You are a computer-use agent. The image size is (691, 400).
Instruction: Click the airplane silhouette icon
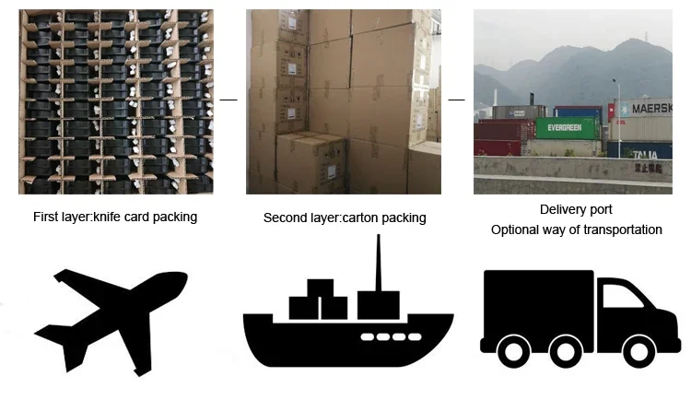point(111,322)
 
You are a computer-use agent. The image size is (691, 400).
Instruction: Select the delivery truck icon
point(580,319)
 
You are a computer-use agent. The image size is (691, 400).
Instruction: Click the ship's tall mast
point(378,263)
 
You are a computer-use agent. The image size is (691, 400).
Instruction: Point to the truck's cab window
point(622,296)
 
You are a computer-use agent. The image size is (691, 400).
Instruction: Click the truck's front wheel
point(639,351)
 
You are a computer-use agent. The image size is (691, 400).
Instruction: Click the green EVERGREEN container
point(568,128)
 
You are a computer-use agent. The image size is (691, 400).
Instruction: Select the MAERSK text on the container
point(651,108)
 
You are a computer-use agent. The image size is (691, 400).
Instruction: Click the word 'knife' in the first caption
point(108,217)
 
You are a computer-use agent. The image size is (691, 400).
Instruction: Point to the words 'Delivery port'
point(576,209)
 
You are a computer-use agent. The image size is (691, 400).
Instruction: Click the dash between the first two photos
point(228,100)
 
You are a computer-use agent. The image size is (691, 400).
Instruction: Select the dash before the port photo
point(457,100)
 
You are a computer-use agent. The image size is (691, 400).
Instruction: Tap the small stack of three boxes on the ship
point(318,300)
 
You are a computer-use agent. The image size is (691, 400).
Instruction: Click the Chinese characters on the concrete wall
point(649,168)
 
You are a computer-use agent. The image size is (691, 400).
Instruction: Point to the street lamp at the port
point(617,118)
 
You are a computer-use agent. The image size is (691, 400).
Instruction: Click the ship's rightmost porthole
point(415,337)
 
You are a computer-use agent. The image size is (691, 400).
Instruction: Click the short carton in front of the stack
point(311,162)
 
